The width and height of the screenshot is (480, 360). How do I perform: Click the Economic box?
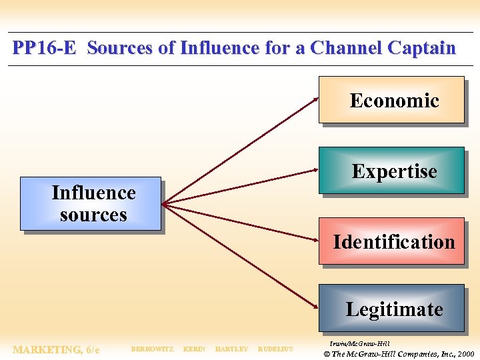pos(391,100)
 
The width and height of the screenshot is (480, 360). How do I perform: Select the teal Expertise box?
pos(391,171)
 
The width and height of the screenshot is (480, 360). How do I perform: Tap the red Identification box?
pos(391,241)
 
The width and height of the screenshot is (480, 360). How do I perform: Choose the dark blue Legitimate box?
pos(391,308)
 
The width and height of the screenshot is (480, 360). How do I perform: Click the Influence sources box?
pos(91,203)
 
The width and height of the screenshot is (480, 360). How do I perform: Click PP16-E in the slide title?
pos(45,48)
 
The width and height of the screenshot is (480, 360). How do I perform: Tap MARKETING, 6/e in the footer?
pos(56,349)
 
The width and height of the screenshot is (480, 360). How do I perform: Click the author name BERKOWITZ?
pos(152,349)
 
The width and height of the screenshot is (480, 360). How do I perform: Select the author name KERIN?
pos(194,349)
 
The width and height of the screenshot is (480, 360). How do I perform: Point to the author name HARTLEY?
pos(231,349)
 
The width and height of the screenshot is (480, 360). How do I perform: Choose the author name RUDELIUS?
pos(275,349)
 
